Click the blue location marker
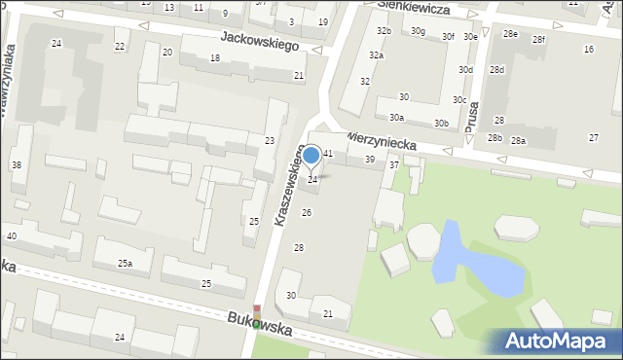[x=311, y=155]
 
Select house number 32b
[x=385, y=31]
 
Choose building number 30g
[x=418, y=31]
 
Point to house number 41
[x=329, y=154]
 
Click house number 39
[x=370, y=159]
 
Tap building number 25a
[x=125, y=264]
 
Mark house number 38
[x=16, y=165]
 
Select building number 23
[x=269, y=141]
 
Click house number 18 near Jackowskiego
[x=215, y=58]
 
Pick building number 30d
[x=466, y=70]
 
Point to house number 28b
[x=495, y=138]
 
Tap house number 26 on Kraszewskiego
[x=307, y=212]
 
